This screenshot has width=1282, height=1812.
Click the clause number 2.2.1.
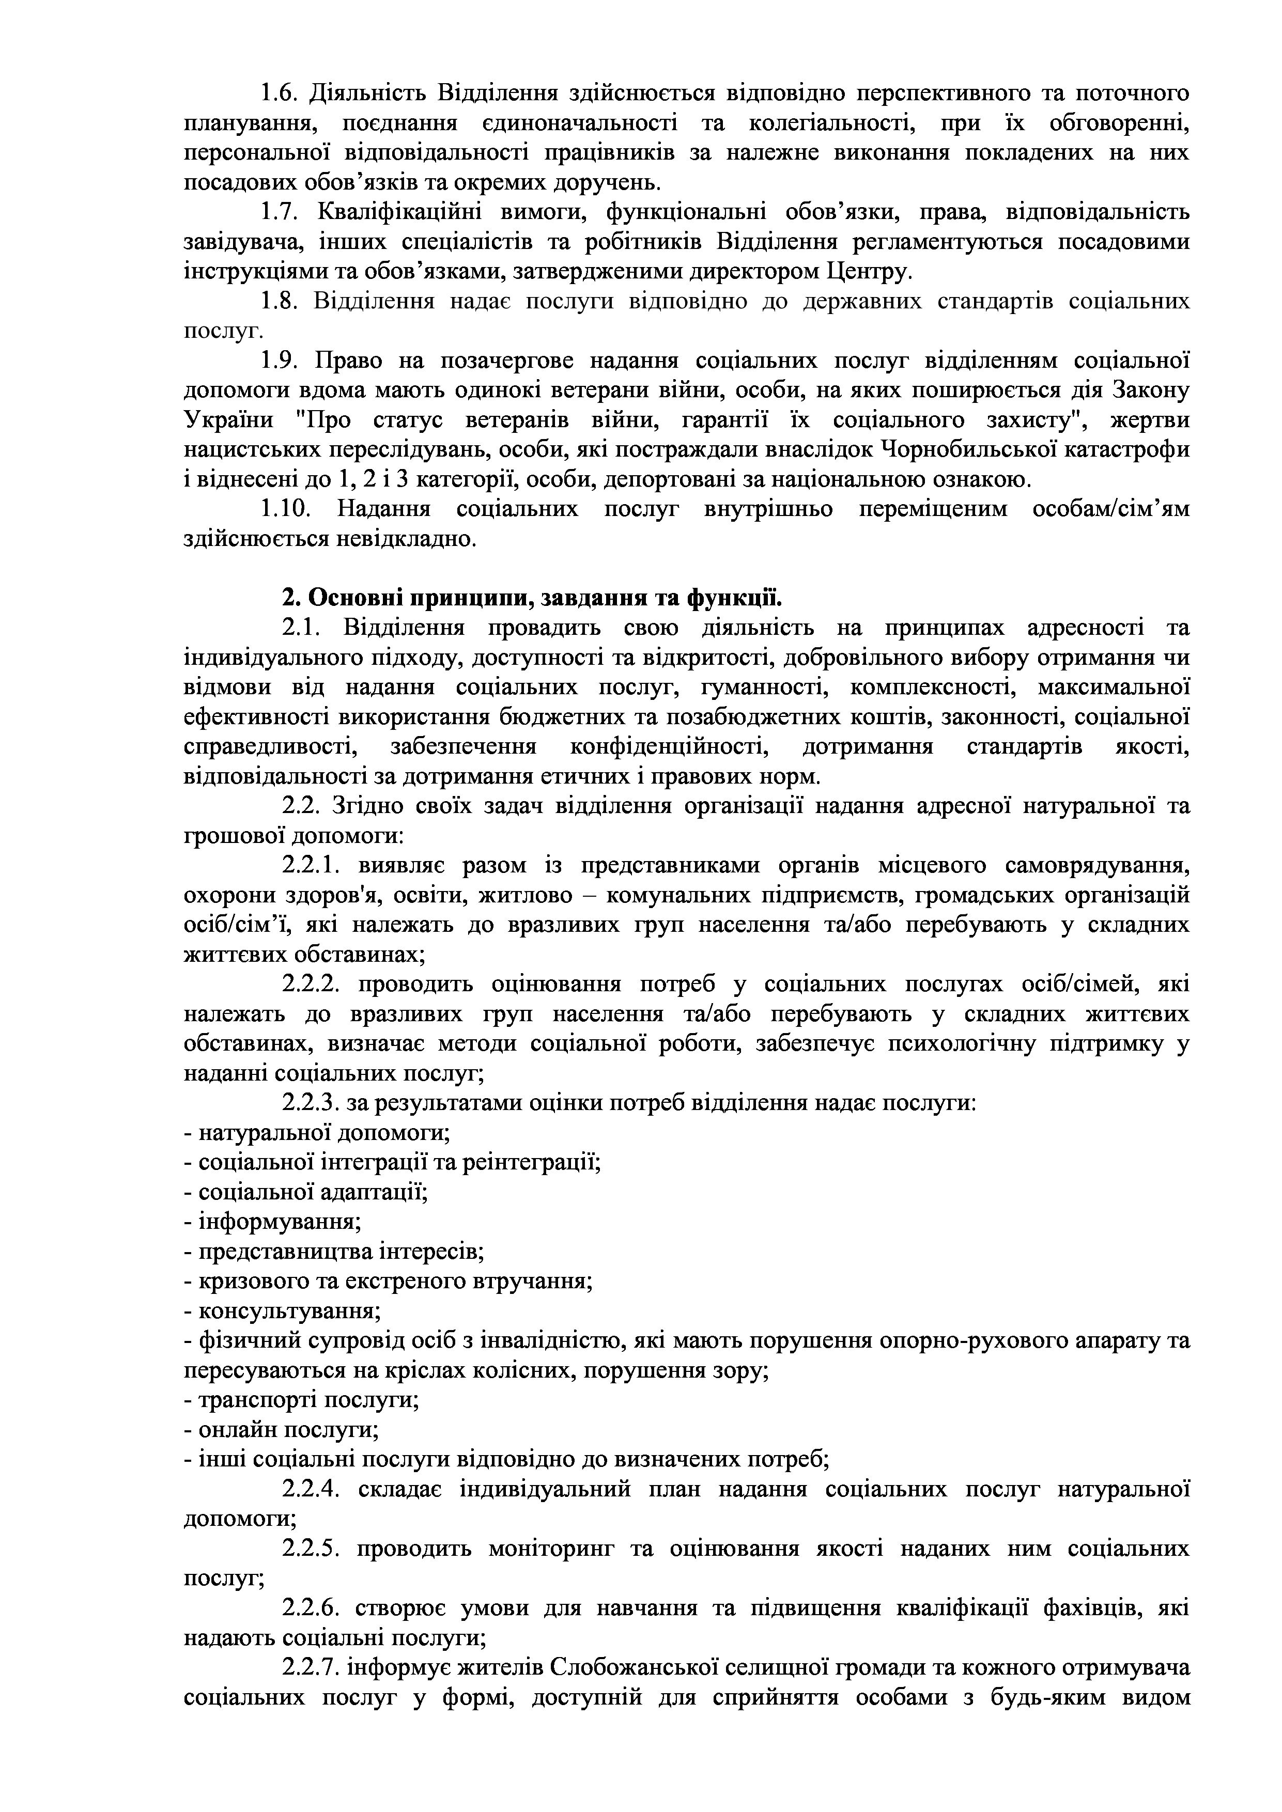tap(311, 866)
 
